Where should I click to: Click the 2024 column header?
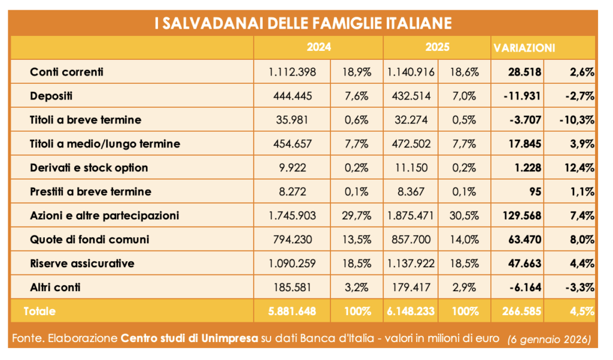[x=318, y=47]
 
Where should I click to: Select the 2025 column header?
[x=437, y=47]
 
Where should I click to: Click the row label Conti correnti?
[x=66, y=72]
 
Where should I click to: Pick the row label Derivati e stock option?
[x=89, y=168]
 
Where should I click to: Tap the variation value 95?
[x=535, y=192]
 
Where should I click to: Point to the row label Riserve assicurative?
[x=82, y=264]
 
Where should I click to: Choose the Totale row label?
[x=40, y=311]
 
